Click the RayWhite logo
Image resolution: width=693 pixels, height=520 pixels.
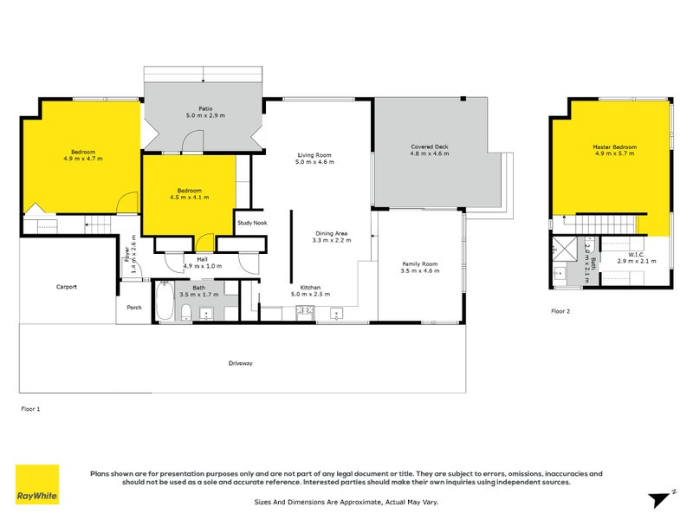(37, 484)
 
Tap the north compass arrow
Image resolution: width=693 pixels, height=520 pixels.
(661, 497)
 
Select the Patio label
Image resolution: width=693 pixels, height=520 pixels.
(205, 108)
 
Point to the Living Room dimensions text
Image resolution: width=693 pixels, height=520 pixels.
(314, 162)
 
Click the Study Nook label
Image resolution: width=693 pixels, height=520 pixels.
(251, 223)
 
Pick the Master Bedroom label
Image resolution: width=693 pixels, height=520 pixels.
(614, 147)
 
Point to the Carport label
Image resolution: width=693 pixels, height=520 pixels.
(68, 286)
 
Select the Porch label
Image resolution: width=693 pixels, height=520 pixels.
(134, 306)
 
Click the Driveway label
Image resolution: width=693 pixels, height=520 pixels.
(241, 363)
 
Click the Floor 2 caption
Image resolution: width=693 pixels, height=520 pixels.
(561, 310)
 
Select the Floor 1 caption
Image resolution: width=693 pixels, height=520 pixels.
(30, 407)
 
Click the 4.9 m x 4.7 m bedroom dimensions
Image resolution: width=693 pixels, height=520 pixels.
(83, 159)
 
